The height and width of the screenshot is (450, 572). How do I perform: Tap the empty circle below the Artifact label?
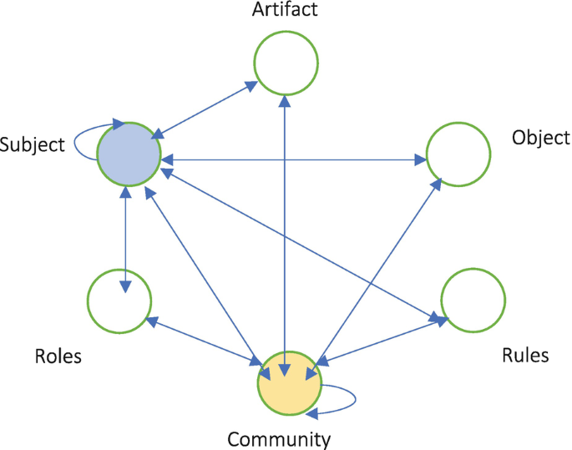pyautogui.click(x=286, y=64)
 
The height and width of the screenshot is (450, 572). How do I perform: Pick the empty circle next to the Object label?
pyautogui.click(x=458, y=154)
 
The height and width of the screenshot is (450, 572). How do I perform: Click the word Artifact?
pyautogui.click(x=286, y=12)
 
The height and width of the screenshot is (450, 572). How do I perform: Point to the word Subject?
pyautogui.click(x=33, y=144)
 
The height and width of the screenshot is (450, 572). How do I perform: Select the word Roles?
pyautogui.click(x=58, y=356)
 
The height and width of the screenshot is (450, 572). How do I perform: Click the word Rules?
pyautogui.click(x=525, y=356)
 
